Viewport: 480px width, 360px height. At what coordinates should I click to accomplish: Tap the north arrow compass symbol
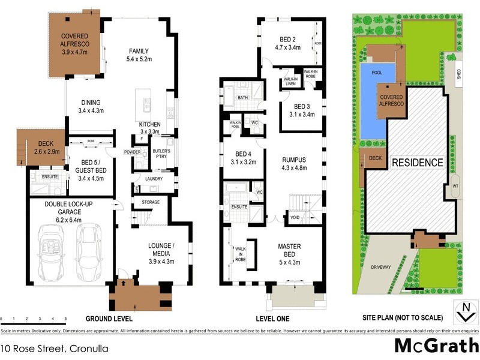click(x=463, y=311)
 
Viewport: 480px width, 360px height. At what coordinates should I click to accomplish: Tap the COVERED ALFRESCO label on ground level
click(x=75, y=44)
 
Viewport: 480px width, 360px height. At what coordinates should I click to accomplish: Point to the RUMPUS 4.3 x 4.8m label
click(x=294, y=164)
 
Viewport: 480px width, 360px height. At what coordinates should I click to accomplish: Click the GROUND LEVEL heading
click(x=110, y=318)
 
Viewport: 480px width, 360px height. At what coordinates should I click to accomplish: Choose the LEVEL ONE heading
click(x=273, y=318)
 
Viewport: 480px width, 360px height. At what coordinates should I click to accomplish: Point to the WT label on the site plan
click(x=456, y=186)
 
